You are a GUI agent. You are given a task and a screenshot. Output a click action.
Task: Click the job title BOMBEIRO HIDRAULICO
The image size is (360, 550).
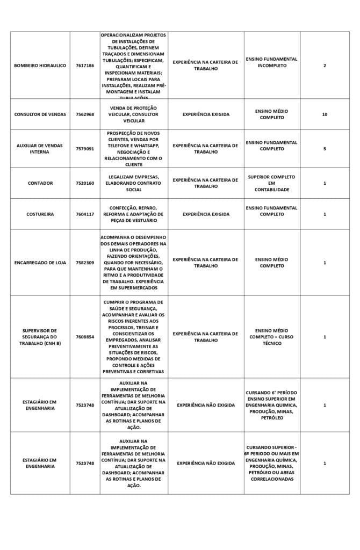click(40, 66)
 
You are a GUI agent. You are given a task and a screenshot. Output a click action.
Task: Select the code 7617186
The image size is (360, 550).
click(85, 66)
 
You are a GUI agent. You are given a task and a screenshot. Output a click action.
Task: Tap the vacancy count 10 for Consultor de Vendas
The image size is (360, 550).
click(325, 114)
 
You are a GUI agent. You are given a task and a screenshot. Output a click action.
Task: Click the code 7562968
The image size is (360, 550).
click(85, 114)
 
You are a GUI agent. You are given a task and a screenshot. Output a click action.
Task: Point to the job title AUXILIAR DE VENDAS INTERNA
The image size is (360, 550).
click(40, 149)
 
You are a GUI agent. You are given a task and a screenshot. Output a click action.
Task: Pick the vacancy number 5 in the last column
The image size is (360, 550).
click(325, 149)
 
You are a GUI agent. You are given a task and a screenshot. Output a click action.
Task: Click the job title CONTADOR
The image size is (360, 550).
click(40, 183)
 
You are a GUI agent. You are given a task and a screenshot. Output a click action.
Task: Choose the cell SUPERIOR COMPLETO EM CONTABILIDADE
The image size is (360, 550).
click(272, 183)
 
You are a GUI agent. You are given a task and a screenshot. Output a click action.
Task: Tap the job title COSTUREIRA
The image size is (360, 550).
click(40, 214)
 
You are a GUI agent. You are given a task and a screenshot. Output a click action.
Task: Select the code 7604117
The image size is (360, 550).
click(85, 214)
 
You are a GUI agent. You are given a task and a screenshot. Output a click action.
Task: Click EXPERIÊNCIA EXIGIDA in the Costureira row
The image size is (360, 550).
click(206, 214)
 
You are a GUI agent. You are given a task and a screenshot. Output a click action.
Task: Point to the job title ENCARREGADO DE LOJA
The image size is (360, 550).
click(40, 263)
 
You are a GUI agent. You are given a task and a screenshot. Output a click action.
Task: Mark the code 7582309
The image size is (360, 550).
click(85, 263)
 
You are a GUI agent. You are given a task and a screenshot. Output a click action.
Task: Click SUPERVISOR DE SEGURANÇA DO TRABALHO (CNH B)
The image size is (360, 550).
click(40, 337)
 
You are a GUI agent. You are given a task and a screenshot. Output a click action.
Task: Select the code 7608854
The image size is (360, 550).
click(85, 337)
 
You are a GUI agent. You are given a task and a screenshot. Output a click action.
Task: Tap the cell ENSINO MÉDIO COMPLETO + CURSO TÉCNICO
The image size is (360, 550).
click(272, 337)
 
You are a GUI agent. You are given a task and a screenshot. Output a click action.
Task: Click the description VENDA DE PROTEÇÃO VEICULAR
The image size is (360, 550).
click(134, 114)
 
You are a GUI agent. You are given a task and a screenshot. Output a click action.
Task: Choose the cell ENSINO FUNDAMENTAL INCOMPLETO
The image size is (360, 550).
click(272, 62)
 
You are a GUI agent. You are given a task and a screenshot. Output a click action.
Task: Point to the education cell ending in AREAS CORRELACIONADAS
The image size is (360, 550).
click(272, 463)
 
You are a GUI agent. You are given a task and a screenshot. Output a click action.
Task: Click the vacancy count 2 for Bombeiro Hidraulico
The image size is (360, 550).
click(325, 66)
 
